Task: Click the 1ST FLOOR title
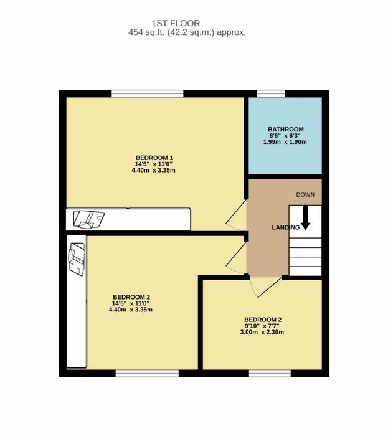176,23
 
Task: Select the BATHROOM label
286,130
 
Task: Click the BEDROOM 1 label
154,158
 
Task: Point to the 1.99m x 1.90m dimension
285,142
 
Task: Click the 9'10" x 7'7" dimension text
262,326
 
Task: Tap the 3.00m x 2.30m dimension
262,332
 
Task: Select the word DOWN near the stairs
305,194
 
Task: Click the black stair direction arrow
305,217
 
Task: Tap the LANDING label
286,227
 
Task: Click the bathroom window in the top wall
271,93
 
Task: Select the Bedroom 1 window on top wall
148,93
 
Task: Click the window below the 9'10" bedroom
270,374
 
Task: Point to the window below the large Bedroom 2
148,374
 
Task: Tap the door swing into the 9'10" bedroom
267,287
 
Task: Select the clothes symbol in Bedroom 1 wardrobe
88,219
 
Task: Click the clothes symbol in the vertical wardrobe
76,259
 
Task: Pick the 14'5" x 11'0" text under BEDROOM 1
154,164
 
